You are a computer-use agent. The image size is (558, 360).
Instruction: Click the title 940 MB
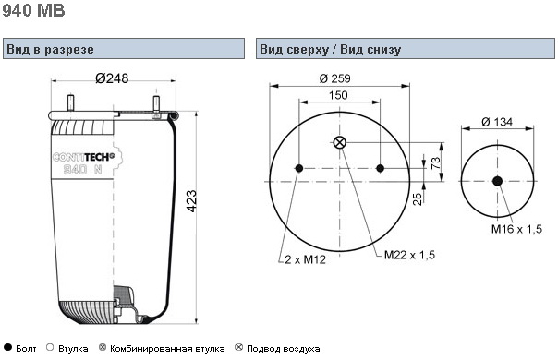[33, 10]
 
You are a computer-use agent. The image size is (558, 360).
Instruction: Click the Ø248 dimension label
[112, 78]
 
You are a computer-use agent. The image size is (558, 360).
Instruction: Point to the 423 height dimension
[191, 201]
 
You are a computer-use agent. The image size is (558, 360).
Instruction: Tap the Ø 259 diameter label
[334, 78]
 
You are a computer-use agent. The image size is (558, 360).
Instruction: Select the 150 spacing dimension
[338, 95]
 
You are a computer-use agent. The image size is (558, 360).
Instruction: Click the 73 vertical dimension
[435, 163]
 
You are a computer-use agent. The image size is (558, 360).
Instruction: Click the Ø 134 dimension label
[497, 122]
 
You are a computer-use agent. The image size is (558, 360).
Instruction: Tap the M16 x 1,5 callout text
[516, 229]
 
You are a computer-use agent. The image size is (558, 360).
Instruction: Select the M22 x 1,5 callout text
[409, 255]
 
